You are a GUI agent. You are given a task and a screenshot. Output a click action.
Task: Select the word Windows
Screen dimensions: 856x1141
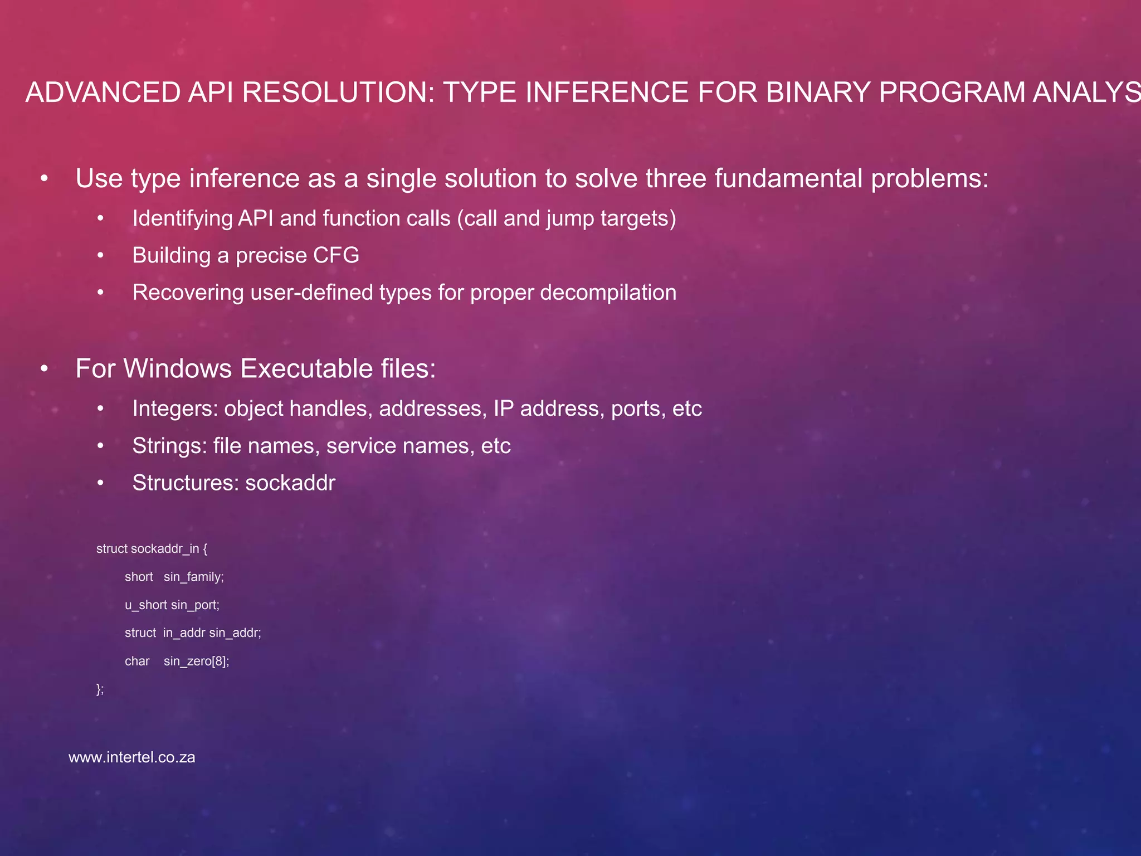[x=177, y=369]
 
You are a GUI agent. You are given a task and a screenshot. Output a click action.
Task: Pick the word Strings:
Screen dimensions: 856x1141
[x=169, y=446]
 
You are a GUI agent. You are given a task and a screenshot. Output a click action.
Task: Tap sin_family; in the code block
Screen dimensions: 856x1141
[x=194, y=577]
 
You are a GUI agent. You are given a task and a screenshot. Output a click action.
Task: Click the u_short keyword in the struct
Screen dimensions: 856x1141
[x=145, y=605]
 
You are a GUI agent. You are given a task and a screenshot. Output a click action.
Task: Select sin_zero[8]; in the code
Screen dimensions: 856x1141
[x=196, y=662]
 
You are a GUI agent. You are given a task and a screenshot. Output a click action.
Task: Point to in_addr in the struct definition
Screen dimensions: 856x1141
[x=184, y=633]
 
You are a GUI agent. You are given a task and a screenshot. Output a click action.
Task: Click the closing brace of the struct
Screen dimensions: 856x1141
[x=99, y=689]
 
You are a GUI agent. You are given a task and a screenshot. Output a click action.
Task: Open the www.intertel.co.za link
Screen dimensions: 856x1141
[x=131, y=757]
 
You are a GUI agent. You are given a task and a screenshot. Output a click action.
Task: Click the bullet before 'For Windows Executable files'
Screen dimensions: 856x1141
[x=45, y=369]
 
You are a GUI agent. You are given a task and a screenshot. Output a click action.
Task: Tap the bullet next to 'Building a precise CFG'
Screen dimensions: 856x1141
[x=100, y=256]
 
